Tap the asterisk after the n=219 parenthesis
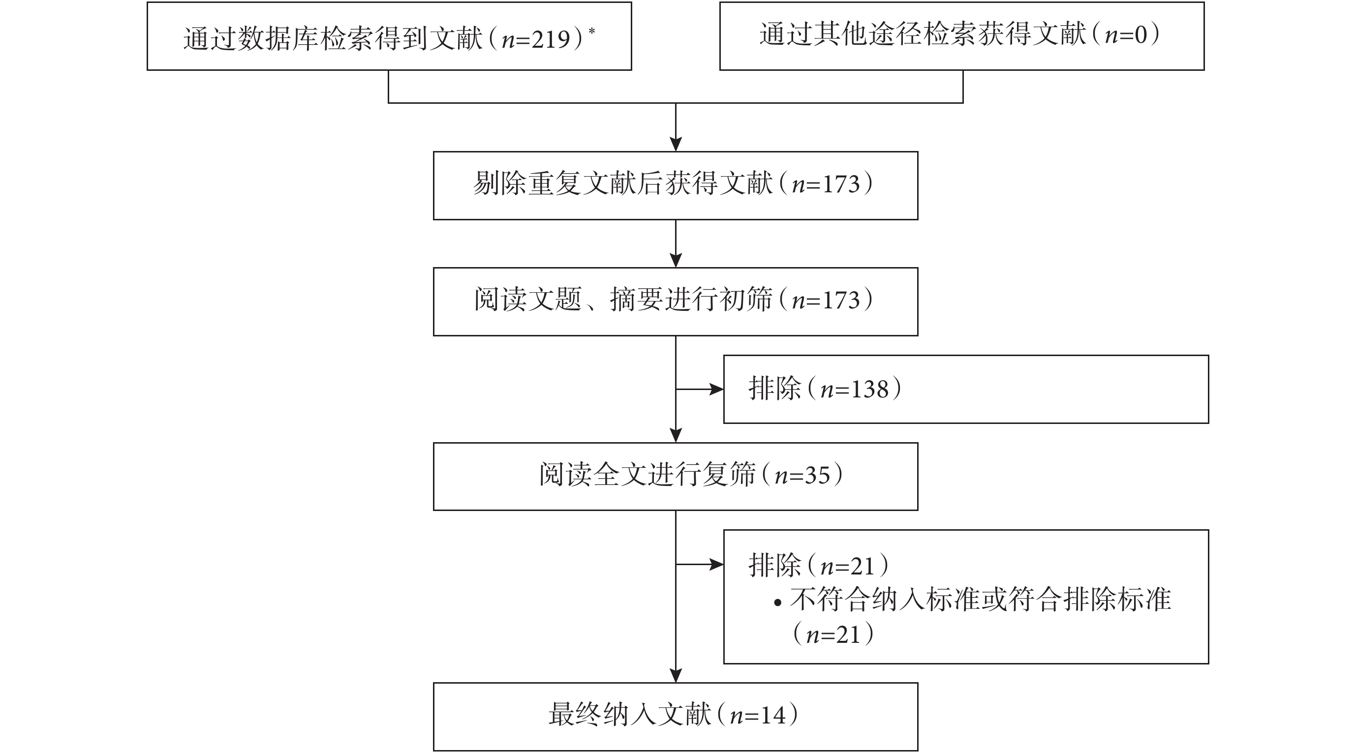point(592,31)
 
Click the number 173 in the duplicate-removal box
point(841,184)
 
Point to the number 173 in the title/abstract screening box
point(841,301)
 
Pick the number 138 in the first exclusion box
point(869,390)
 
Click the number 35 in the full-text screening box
point(818,475)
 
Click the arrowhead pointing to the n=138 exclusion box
point(716,390)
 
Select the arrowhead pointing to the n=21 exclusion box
point(716,565)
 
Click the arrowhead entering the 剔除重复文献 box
point(676,144)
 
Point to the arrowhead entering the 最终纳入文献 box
point(676,676)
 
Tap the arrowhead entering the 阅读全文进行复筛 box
point(676,435)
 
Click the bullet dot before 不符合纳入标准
point(778,603)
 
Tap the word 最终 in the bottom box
point(575,716)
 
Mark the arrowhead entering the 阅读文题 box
point(676,261)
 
